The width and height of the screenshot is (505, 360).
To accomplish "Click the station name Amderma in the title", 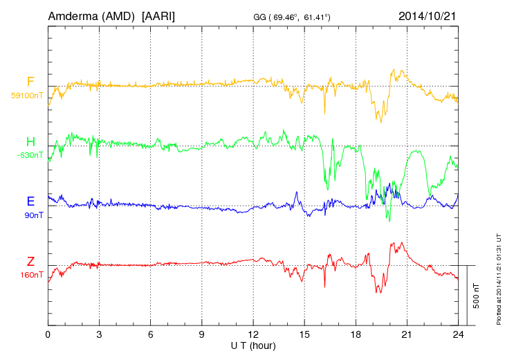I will tap(73, 16).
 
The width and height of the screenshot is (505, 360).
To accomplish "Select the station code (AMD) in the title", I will tap(120, 16).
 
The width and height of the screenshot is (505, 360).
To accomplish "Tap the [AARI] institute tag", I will tap(158, 16).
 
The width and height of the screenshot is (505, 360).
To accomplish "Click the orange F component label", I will tap(30, 82).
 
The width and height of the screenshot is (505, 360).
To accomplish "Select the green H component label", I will tap(30, 141).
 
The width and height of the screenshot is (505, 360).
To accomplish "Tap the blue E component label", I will tap(30, 201).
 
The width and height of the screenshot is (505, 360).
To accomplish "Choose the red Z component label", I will tap(30, 262).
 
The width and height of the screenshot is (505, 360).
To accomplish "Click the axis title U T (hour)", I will tap(253, 345).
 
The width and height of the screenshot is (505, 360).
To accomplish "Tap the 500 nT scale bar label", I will tap(477, 296).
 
